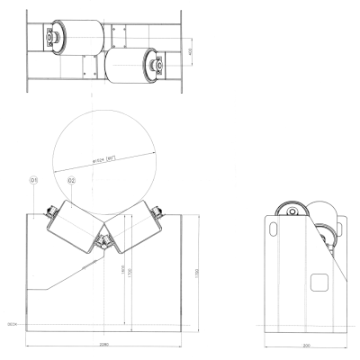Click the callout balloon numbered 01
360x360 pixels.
click(34, 180)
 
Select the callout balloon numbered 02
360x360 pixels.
click(70, 180)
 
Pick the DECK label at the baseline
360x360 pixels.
click(13, 322)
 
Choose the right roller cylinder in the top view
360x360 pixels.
click(130, 66)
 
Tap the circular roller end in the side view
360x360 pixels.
click(291, 214)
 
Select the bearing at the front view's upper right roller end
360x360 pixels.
click(158, 211)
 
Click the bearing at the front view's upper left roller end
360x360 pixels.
click(51, 211)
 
